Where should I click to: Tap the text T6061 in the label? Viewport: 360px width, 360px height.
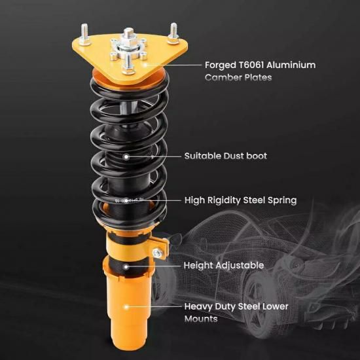(x=251, y=65)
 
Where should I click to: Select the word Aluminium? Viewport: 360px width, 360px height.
(x=291, y=65)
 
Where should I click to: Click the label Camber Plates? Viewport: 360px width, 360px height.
(x=238, y=77)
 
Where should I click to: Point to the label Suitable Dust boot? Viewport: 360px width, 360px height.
(x=225, y=156)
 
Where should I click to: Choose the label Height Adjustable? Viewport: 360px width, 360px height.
(x=224, y=266)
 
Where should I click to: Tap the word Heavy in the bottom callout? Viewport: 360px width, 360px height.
(x=198, y=307)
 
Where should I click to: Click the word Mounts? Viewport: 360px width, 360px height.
(x=201, y=319)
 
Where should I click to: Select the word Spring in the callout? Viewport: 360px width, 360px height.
(x=282, y=200)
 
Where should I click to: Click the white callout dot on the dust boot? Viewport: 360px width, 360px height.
(x=126, y=157)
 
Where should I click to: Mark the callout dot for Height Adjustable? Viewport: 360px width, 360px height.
(x=126, y=266)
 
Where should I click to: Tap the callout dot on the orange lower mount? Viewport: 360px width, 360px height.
(x=126, y=306)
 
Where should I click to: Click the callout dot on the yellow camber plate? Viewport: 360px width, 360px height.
(x=145, y=65)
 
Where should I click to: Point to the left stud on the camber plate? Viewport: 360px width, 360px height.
(x=84, y=34)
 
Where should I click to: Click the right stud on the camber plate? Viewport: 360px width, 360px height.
(x=173, y=33)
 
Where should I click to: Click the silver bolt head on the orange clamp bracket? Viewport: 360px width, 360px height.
(x=158, y=253)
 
